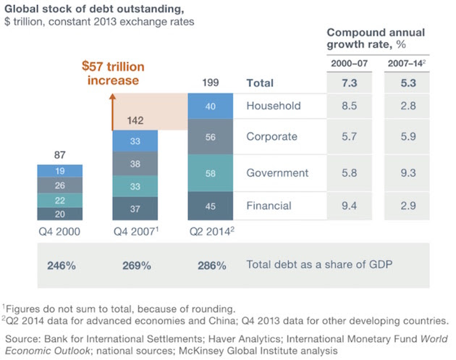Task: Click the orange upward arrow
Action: [114, 109]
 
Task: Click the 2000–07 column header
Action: [349, 64]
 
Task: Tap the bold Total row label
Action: [261, 83]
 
